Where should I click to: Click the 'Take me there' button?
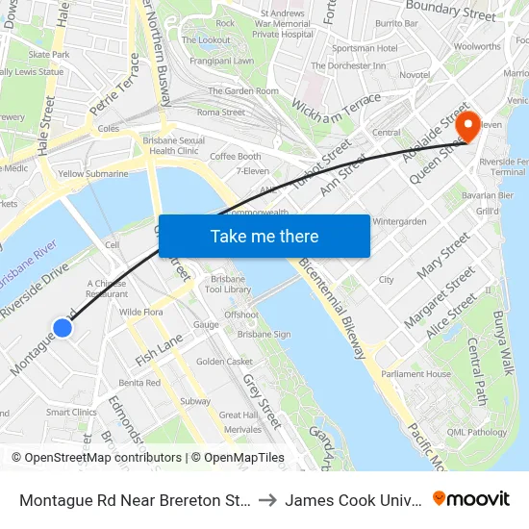pos(264,236)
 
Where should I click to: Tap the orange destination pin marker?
pos(468,126)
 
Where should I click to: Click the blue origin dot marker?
pos(63,328)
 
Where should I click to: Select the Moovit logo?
pos(471,499)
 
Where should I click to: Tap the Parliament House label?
pos(416,374)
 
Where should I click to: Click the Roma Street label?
pos(221,113)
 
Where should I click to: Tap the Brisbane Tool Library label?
pos(230,284)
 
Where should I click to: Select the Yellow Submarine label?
pos(92,174)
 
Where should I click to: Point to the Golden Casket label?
pos(224,362)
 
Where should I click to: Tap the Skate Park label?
pos(49,55)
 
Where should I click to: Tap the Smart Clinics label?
pos(71,412)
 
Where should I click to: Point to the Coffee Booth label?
pos(236,157)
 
